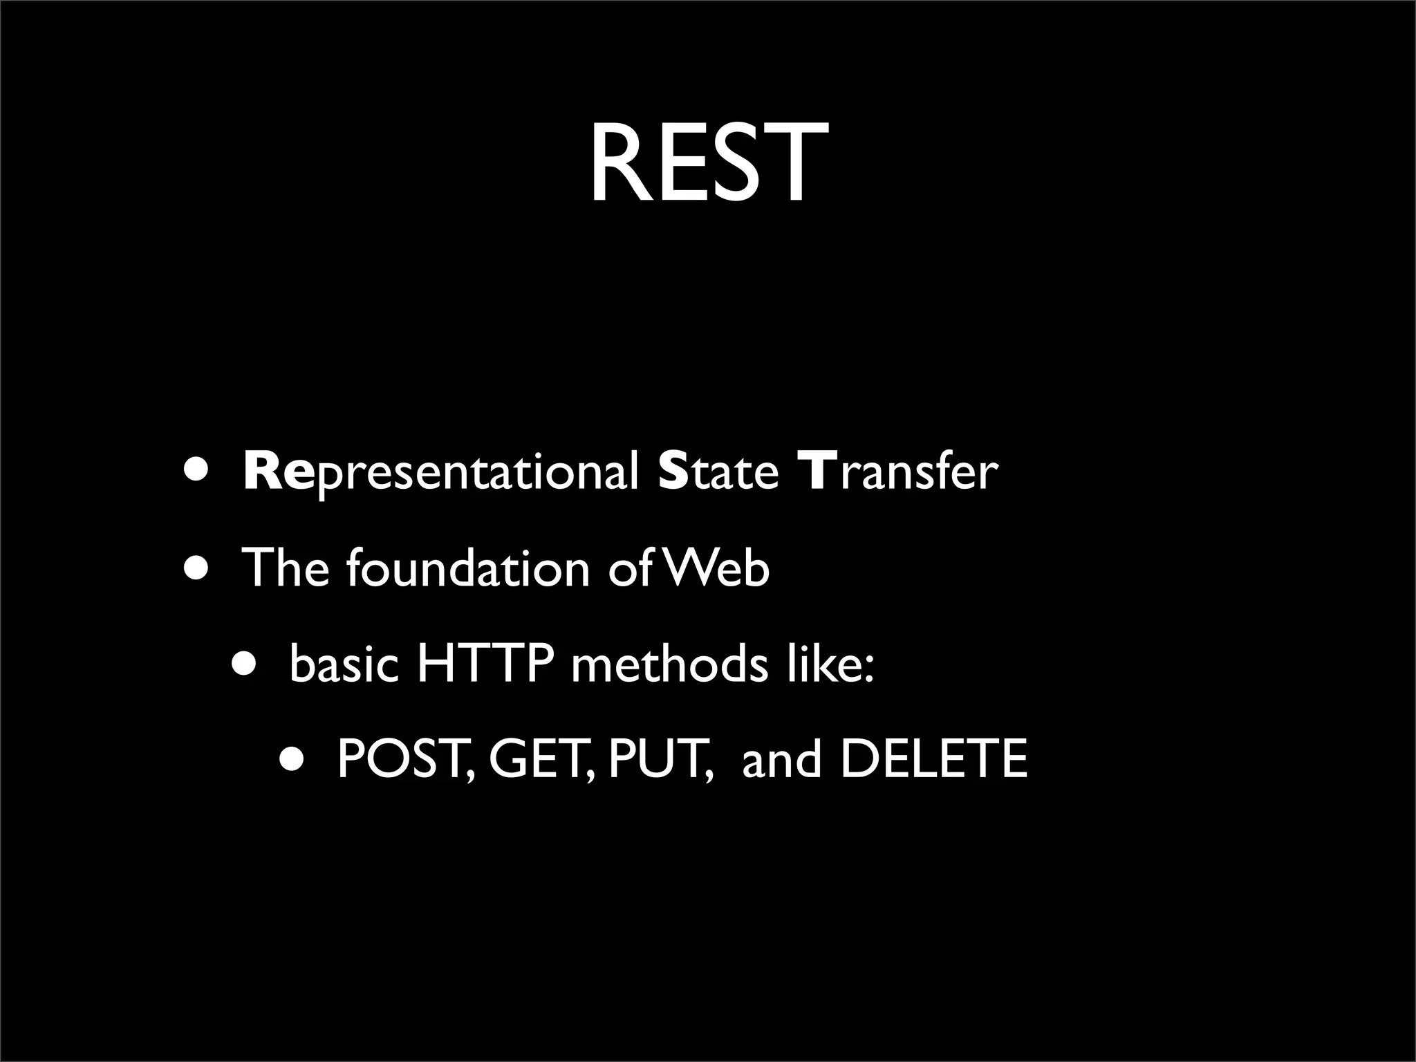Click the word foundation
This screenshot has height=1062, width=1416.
tap(467, 568)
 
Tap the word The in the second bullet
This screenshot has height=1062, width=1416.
tap(285, 568)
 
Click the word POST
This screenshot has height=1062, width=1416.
tap(405, 760)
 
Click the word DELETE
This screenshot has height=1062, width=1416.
tap(933, 760)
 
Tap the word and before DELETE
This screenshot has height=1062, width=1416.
tap(781, 760)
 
